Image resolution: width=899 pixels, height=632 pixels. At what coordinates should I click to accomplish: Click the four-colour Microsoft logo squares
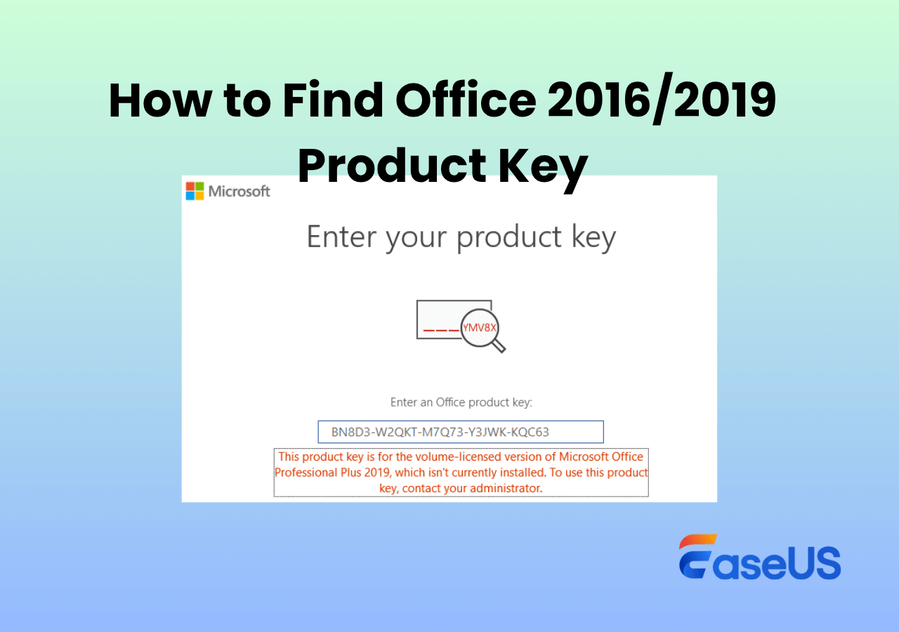click(195, 191)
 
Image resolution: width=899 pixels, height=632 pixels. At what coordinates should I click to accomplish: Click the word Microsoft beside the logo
click(239, 192)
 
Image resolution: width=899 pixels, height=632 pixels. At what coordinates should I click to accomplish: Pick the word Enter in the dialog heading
click(342, 237)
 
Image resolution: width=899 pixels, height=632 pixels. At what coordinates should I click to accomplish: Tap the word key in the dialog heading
click(593, 238)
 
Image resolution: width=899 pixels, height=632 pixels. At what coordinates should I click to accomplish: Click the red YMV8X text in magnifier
click(479, 328)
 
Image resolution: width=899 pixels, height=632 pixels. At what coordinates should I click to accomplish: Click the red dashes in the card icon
click(441, 330)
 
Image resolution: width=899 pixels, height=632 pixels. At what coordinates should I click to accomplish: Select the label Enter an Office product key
click(461, 402)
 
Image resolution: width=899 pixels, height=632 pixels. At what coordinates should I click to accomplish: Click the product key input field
click(461, 432)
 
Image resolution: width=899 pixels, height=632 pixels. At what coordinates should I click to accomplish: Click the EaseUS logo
click(760, 557)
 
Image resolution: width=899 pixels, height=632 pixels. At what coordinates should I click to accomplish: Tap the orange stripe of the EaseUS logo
click(697, 541)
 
